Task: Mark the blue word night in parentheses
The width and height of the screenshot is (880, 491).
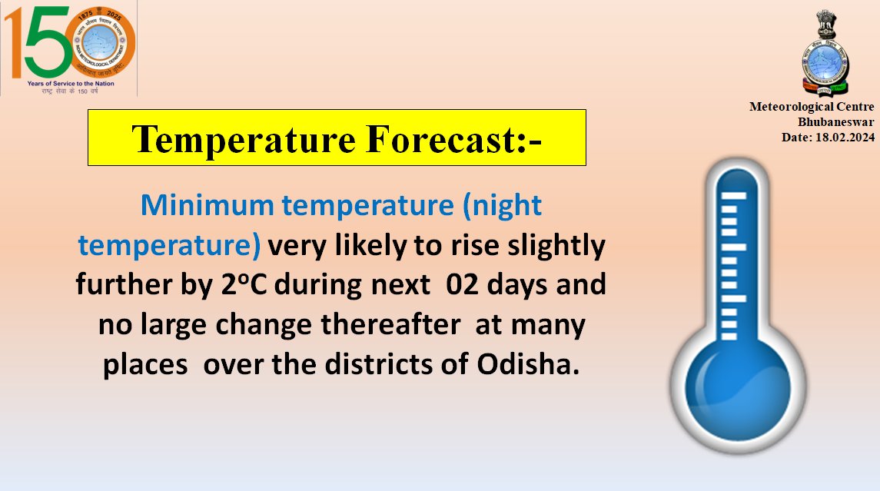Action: (506, 205)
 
